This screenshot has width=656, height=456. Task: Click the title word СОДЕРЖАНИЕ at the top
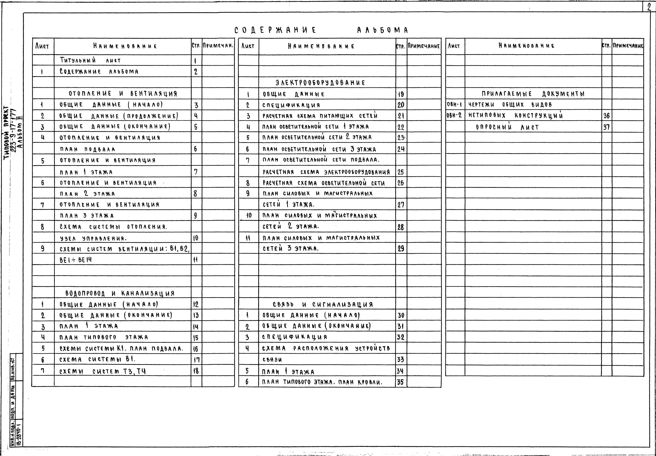click(x=275, y=30)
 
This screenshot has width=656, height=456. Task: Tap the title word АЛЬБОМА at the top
click(x=383, y=30)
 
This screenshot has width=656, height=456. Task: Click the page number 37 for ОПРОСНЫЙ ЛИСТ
click(x=606, y=127)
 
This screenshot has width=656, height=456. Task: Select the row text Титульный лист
click(x=90, y=60)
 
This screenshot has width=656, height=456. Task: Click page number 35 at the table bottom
click(x=400, y=382)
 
